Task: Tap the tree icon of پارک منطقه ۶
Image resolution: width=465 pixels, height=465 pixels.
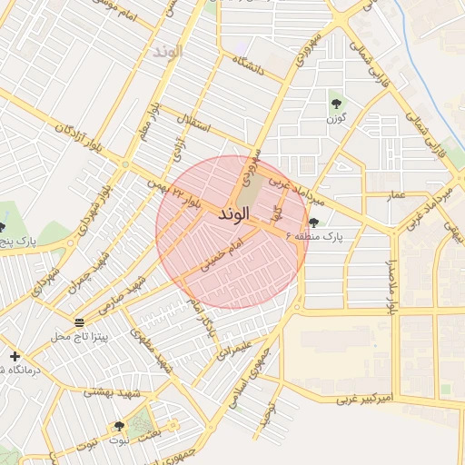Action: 314,223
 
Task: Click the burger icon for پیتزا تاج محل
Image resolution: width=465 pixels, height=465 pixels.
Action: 79,322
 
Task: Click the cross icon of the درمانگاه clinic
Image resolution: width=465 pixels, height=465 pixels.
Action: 15,356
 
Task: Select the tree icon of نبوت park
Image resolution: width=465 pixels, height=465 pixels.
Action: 119,426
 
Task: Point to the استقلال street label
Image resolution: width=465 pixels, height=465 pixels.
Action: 191,123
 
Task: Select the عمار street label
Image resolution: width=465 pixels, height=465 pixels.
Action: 396,195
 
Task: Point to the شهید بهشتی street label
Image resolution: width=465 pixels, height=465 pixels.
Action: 111,391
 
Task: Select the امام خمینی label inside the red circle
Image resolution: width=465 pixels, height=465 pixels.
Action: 224,257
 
